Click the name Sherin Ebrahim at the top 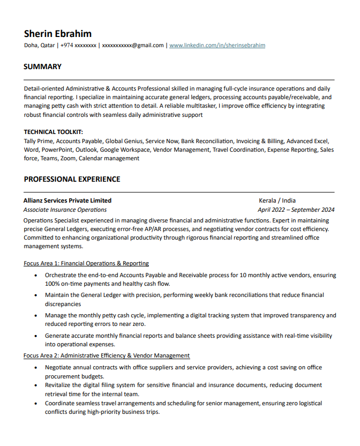[x=57, y=33]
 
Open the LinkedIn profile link [x=217, y=46]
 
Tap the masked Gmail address [x=132, y=46]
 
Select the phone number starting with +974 [x=78, y=46]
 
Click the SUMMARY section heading [x=42, y=67]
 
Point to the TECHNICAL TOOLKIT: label [x=53, y=131]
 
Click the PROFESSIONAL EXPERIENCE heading [x=72, y=179]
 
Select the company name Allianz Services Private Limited [x=67, y=200]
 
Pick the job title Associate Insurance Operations [x=65, y=210]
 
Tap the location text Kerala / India [x=277, y=200]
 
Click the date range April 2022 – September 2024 [x=296, y=210]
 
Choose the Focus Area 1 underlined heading [x=86, y=263]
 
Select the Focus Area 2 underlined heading [x=107, y=355]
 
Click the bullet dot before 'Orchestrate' [x=35, y=276]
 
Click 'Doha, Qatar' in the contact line [x=39, y=46]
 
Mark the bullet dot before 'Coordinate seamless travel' [x=35, y=403]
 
